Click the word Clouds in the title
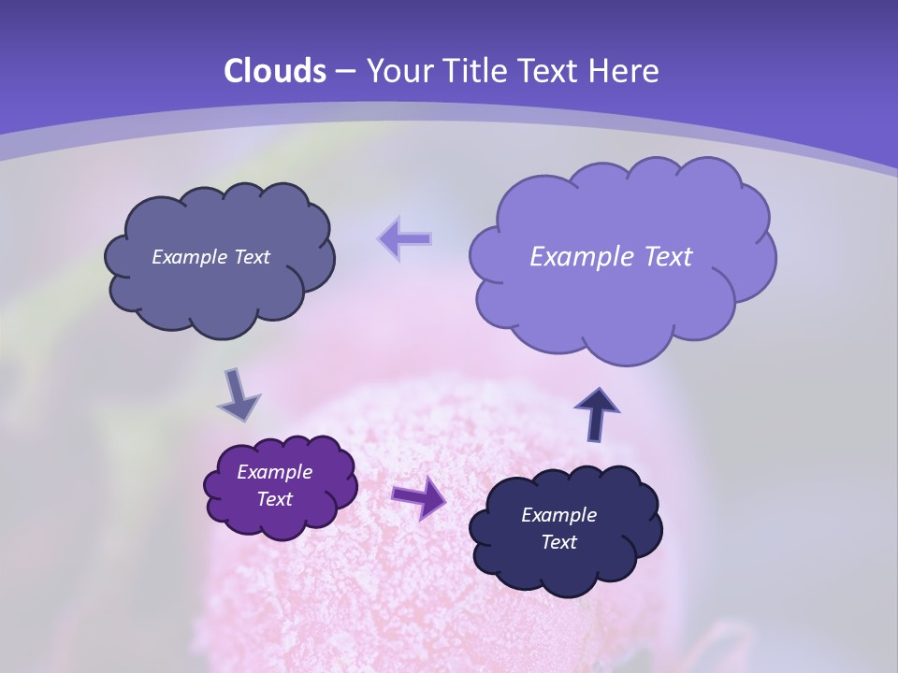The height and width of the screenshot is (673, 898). (275, 71)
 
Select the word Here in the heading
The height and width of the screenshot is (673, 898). (626, 71)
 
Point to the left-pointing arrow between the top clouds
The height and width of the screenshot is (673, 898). (405, 238)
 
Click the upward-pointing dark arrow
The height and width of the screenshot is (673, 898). (597, 412)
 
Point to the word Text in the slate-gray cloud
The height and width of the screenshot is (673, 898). (253, 257)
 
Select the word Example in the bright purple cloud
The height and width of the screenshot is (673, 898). (274, 472)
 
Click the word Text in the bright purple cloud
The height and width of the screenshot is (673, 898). (274, 499)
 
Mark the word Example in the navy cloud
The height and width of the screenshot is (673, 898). (558, 515)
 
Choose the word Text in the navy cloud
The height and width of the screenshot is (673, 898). (558, 542)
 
